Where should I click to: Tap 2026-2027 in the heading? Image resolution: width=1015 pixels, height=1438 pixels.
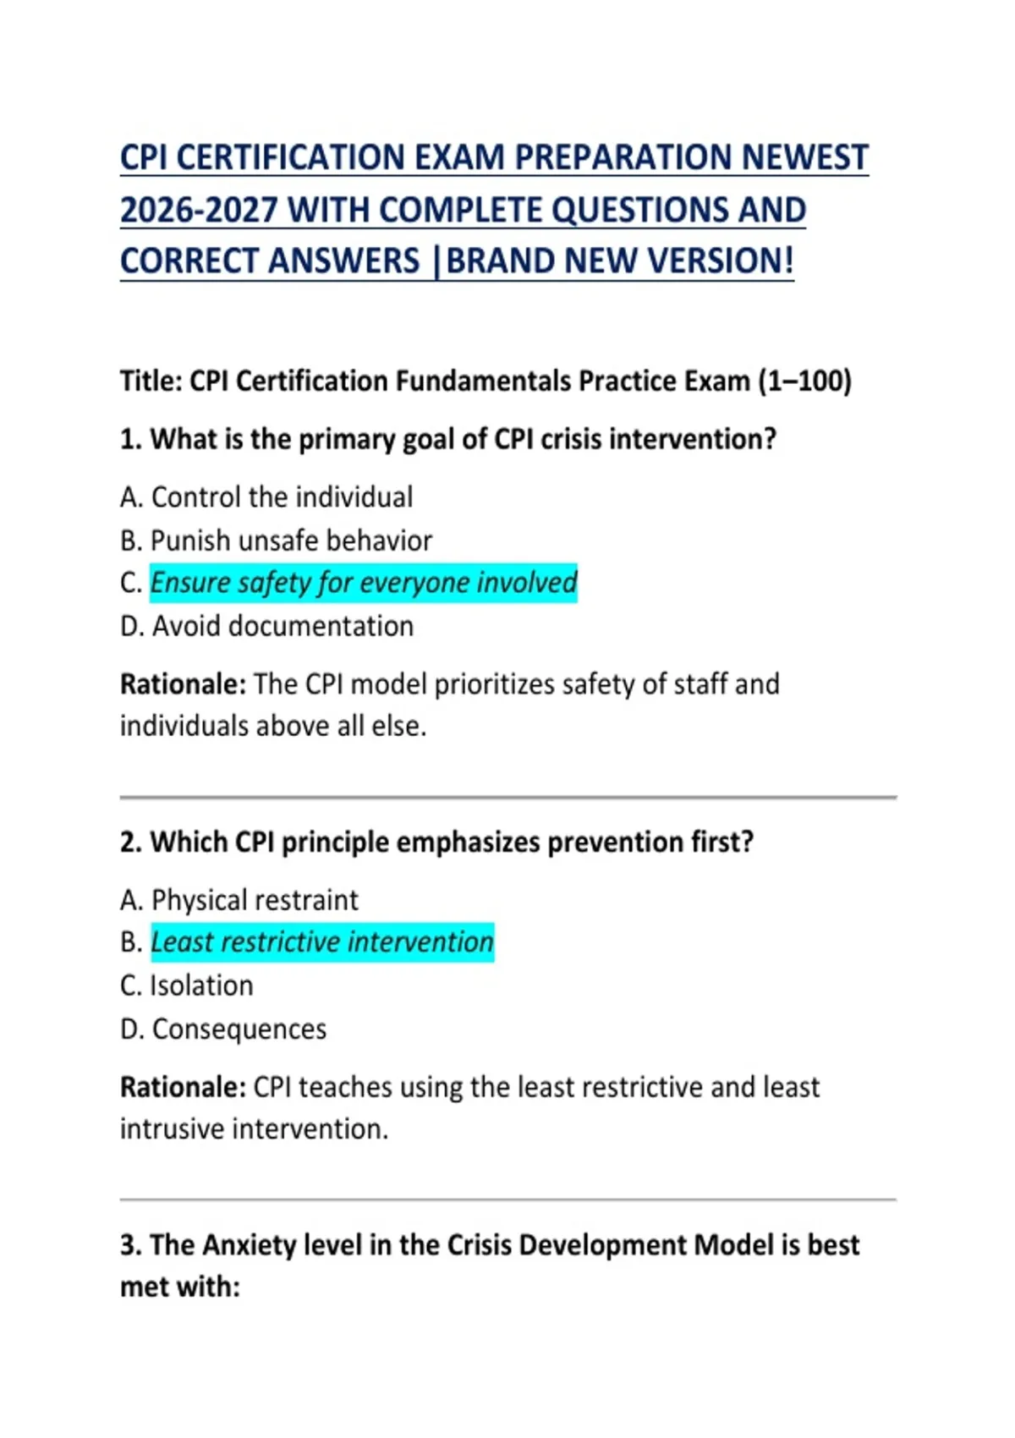[x=199, y=211]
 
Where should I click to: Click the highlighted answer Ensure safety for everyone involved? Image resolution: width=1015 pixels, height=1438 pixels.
[x=364, y=583]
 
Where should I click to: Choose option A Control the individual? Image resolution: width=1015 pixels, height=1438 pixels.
[x=266, y=497]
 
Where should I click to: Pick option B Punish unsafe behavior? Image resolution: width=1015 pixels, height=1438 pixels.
[x=276, y=541]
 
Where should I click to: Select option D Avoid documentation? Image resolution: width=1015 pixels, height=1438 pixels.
[x=266, y=627]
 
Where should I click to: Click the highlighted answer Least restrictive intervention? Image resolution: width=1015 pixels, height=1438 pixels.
[x=322, y=942]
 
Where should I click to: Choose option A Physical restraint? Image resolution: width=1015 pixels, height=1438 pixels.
[x=239, y=900]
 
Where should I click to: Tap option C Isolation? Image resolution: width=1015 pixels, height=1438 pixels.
[x=187, y=986]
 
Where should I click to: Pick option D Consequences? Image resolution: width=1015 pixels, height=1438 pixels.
[x=223, y=1029]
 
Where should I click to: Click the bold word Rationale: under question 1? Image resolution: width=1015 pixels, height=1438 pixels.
[x=183, y=684]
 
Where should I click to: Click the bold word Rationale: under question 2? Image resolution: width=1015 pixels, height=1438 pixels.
[x=183, y=1087]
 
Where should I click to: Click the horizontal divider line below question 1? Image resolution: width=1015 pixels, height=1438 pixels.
[x=507, y=797]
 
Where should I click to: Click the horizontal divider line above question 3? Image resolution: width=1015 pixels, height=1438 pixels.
[x=507, y=1199]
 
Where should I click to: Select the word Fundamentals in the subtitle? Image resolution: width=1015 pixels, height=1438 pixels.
[x=483, y=381]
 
